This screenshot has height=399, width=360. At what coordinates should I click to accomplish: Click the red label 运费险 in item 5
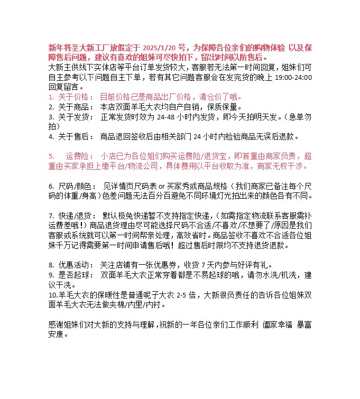pos(79,156)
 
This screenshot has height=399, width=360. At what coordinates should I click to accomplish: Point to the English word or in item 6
pos(162,186)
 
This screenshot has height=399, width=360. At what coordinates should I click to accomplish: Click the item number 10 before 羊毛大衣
pos(52,294)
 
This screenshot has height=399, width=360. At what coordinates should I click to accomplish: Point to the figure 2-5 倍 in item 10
pos(184,294)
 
